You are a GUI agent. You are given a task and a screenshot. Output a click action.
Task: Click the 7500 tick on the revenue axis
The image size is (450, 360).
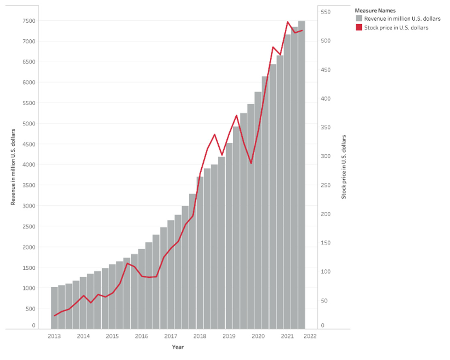tap(29, 21)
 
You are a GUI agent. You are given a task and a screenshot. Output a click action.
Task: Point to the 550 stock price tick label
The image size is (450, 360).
tap(326, 12)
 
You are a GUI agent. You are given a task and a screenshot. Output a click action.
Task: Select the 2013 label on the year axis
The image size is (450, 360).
tap(54, 336)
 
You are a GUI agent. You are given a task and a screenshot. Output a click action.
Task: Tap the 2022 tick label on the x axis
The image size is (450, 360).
tap(310, 336)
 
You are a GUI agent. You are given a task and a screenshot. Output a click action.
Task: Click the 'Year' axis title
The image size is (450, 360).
tap(178, 347)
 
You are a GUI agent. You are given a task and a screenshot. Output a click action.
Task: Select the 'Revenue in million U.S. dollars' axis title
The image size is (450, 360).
tap(13, 167)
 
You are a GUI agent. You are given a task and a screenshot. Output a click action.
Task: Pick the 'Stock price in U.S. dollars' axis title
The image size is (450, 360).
tap(344, 167)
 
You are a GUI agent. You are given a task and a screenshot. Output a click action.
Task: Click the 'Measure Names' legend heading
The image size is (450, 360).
tap(375, 11)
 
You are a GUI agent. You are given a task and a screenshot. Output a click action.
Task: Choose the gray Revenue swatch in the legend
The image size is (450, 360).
tap(359, 19)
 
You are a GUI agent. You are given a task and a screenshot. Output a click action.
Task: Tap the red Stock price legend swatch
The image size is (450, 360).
tap(359, 28)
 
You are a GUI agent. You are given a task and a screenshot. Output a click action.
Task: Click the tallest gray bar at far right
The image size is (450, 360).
tap(302, 175)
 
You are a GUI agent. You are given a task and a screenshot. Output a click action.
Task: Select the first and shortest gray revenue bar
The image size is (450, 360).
tap(55, 308)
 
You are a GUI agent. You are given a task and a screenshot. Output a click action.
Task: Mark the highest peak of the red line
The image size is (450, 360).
tap(288, 22)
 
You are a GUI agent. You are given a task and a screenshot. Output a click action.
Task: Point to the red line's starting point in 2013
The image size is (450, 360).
tap(54, 315)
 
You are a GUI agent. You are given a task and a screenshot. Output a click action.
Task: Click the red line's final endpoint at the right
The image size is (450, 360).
tap(302, 30)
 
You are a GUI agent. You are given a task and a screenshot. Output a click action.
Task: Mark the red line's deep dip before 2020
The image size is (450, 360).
tap(251, 163)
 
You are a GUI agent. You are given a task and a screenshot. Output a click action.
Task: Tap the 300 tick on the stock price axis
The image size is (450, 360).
tap(326, 156)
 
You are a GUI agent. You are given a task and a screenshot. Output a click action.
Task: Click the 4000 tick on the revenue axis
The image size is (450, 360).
tap(29, 164)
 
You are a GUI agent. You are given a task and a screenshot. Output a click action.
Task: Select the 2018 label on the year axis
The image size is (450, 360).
tap(200, 336)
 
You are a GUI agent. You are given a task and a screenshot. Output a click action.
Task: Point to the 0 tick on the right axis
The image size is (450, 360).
tap(322, 325)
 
